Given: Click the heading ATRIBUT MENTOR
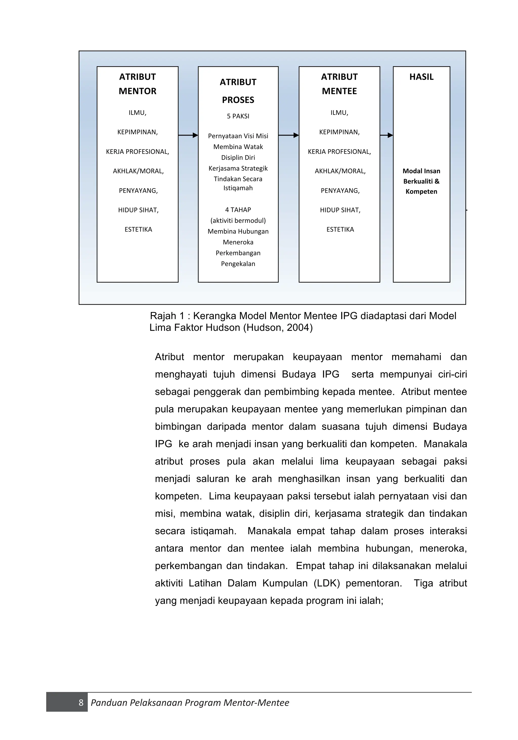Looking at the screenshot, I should coord(137,84).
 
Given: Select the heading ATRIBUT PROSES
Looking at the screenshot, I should coord(238,91).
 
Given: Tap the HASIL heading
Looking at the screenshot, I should coord(421,77).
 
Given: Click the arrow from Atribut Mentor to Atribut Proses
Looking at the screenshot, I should coord(188,135).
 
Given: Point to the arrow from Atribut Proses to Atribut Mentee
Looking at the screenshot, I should coord(289,135).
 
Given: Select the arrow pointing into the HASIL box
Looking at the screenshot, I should coord(386,135).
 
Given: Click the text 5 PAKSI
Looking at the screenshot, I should coord(238,116).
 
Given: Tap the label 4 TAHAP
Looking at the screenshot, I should coord(238,210).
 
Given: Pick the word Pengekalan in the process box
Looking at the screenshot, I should coord(238,264).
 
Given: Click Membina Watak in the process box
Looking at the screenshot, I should coord(238,147).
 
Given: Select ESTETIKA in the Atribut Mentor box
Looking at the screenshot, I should coord(138,229).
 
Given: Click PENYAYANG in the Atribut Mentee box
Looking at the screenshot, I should coord(340,190).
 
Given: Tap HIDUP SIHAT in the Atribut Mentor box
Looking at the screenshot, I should coord(138,210).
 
